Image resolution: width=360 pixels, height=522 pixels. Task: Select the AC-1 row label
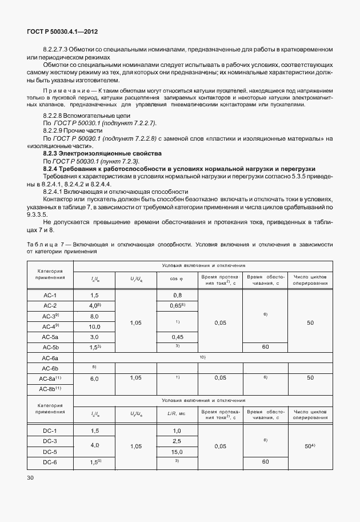pyautogui.click(x=50, y=294)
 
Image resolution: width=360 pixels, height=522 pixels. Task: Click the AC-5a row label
pyautogui.click(x=50, y=337)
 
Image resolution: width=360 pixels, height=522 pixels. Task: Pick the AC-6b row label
pyautogui.click(x=50, y=368)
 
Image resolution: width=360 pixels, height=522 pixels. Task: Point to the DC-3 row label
pyautogui.click(x=50, y=441)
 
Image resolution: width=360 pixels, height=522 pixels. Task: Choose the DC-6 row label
pyautogui.click(x=50, y=461)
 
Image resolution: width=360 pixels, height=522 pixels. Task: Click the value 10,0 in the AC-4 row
pyautogui.click(x=94, y=326)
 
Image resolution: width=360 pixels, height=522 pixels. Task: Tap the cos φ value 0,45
pyautogui.click(x=177, y=337)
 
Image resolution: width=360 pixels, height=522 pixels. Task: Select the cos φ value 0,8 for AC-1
pyautogui.click(x=177, y=294)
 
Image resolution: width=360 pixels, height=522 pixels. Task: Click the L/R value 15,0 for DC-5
pyautogui.click(x=177, y=451)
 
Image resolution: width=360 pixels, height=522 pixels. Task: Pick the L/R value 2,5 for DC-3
pyautogui.click(x=177, y=441)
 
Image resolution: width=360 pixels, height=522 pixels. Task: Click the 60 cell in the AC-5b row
pyautogui.click(x=265, y=347)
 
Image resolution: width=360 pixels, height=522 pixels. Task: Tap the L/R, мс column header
pyautogui.click(x=177, y=413)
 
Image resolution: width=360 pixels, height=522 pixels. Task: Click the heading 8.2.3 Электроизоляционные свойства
pyautogui.click(x=102, y=153)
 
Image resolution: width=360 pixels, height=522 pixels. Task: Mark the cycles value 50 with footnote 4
pyautogui.click(x=310, y=445)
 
